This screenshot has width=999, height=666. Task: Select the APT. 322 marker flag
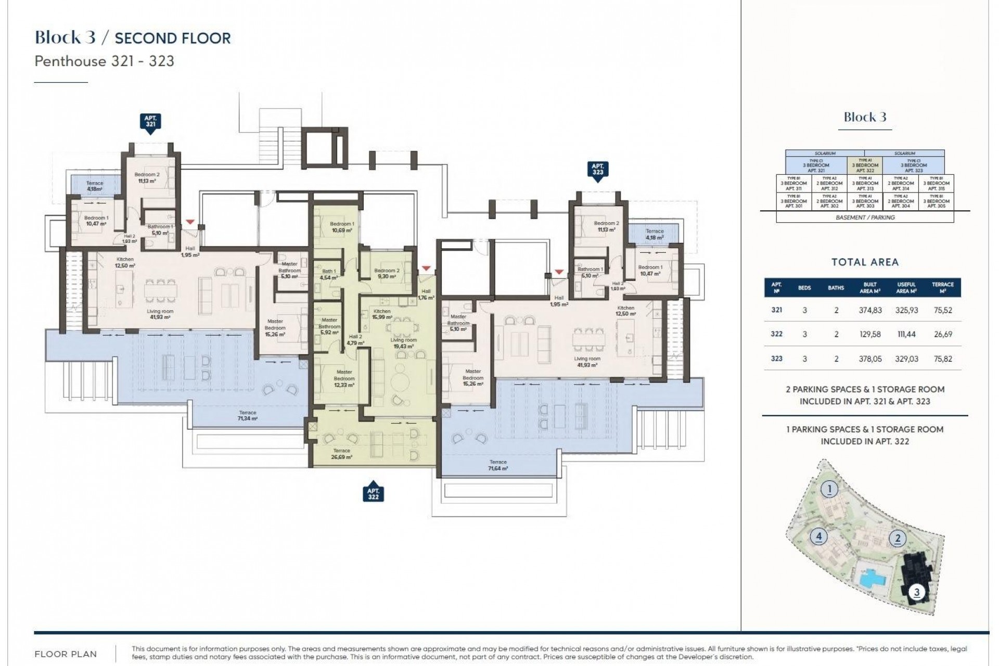[x=373, y=494]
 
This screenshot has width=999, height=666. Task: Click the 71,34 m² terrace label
[x=248, y=415]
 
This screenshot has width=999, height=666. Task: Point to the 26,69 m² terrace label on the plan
[x=341, y=454]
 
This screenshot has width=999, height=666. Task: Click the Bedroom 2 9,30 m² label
[x=387, y=274]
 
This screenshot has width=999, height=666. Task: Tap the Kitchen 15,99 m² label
[x=382, y=314]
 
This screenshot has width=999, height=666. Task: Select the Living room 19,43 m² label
[x=403, y=343]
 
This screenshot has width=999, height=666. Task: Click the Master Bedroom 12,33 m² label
[x=344, y=378]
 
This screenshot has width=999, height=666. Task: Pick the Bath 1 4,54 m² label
[x=328, y=274]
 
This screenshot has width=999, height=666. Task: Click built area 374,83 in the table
[x=870, y=310]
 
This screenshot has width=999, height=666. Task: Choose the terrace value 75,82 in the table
[x=943, y=358]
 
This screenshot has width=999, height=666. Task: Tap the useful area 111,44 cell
[x=906, y=334]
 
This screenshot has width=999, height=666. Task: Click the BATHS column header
[x=836, y=288]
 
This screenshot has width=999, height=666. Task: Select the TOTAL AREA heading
[x=865, y=262]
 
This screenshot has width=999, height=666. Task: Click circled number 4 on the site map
[x=818, y=536]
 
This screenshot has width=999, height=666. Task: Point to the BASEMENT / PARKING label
[x=865, y=217]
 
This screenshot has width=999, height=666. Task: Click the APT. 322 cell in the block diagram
[x=865, y=165]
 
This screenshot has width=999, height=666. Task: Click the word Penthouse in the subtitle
[x=70, y=61]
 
